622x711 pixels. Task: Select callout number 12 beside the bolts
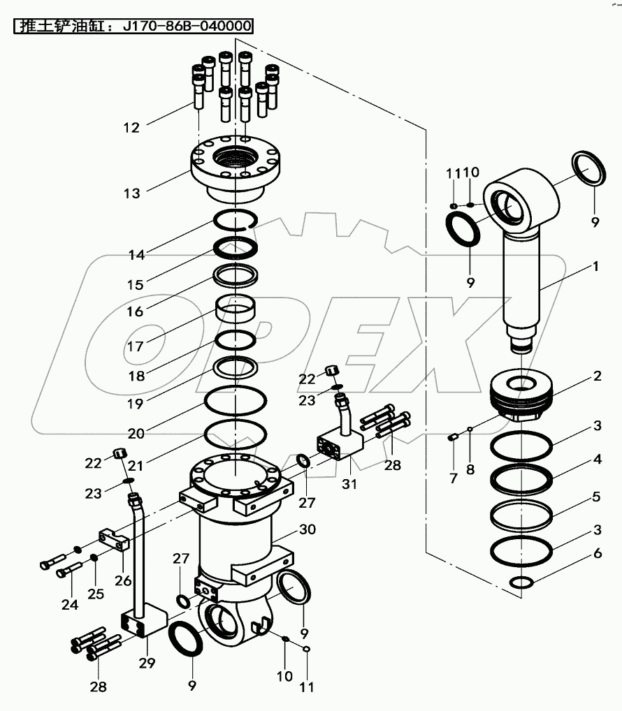(x=131, y=127)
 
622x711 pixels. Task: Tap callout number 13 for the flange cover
(x=131, y=193)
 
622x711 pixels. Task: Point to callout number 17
(x=135, y=346)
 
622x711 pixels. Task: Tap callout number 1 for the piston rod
(x=596, y=266)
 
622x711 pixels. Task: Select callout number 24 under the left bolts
(x=70, y=604)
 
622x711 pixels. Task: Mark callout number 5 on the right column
(x=596, y=498)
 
